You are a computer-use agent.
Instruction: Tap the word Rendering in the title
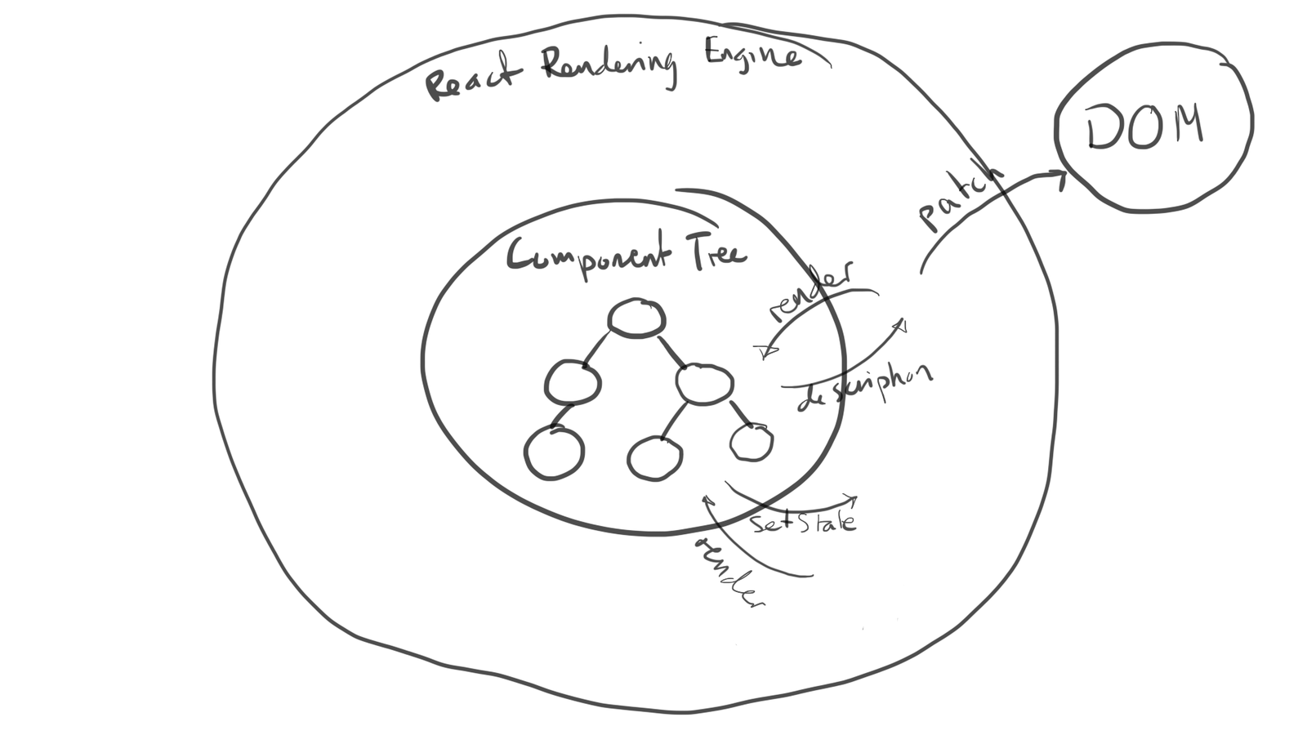609,65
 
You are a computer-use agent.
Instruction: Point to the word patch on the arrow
960,198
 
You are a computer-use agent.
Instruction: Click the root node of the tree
636,318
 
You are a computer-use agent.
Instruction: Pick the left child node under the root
573,382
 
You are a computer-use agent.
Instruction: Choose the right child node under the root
704,383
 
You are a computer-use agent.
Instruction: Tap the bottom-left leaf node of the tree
554,453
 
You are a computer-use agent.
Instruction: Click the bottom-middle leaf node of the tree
655,457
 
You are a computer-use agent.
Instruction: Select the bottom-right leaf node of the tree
751,443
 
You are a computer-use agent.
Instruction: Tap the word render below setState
729,572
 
